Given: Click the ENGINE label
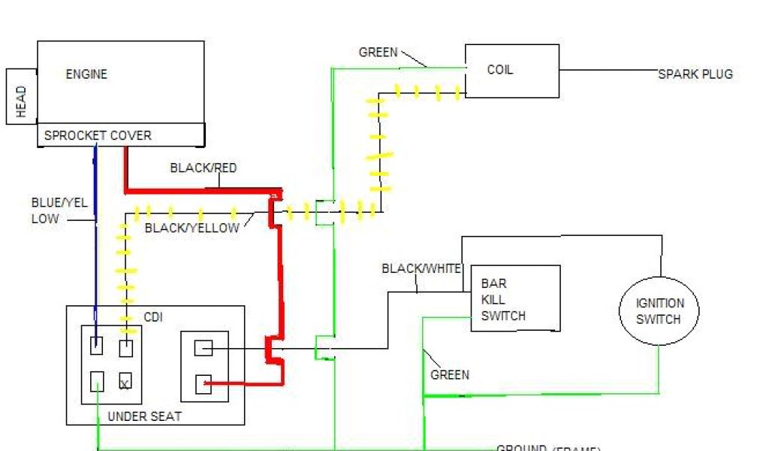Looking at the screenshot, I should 86,74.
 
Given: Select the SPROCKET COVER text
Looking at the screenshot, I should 98,136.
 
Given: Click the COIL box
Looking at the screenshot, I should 511,71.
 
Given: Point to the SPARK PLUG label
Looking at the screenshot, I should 695,74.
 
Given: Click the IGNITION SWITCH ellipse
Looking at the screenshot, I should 659,310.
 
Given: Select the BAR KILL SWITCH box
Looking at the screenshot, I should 515,298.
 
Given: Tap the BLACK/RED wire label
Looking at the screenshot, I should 203,168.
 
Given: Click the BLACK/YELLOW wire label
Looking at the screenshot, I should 191,228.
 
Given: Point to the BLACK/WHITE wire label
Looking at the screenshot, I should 421,268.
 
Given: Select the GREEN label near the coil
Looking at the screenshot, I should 378,53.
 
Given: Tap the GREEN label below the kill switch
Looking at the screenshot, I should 450,374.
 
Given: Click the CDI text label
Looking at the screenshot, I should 152,316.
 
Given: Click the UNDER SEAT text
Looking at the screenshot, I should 144,416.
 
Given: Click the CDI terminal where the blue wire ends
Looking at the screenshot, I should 96,347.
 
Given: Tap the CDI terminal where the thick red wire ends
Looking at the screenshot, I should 204,384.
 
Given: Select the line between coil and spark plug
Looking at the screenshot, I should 608,70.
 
